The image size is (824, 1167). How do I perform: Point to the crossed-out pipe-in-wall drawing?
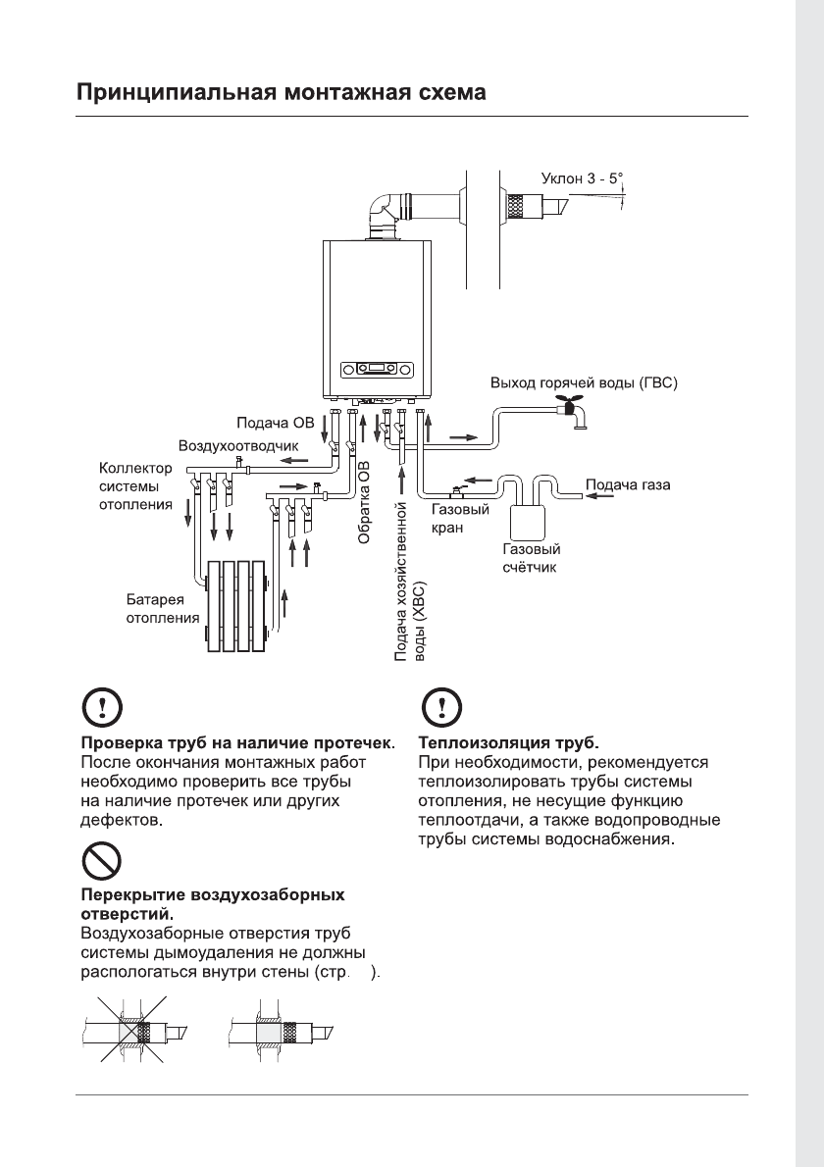[130, 1032]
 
